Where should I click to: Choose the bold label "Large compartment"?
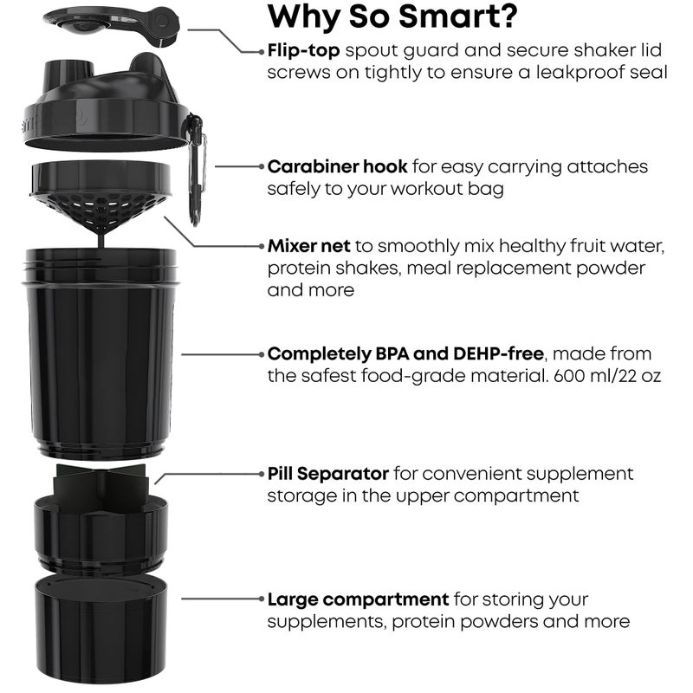(x=358, y=599)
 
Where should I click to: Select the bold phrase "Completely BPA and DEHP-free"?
(x=405, y=353)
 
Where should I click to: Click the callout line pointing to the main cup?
(x=221, y=354)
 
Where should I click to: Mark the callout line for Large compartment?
(x=221, y=599)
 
